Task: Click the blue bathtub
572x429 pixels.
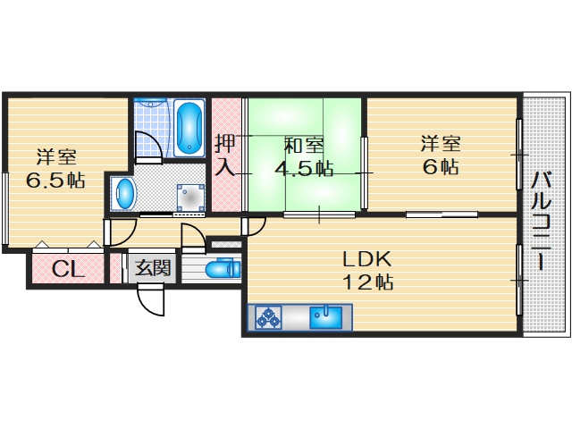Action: pyautogui.click(x=188, y=127)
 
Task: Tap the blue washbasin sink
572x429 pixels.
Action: pyautogui.click(x=124, y=192)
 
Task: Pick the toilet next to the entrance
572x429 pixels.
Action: pyautogui.click(x=220, y=268)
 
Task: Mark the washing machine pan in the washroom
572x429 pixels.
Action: pyautogui.click(x=190, y=197)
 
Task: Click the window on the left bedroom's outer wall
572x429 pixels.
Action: pyautogui.click(x=5, y=206)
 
